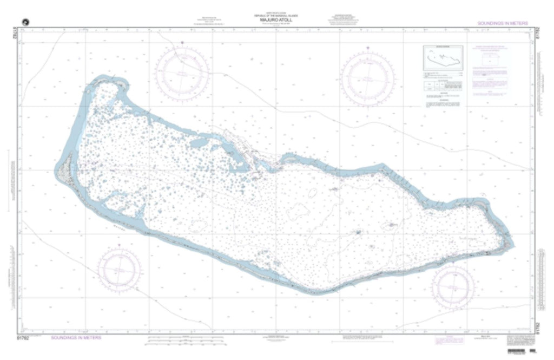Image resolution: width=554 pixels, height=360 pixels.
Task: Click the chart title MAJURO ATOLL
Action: click(276, 21)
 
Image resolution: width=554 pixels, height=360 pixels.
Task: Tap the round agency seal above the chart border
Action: click(24, 21)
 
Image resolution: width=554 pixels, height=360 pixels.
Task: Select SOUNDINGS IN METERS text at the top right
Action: click(503, 23)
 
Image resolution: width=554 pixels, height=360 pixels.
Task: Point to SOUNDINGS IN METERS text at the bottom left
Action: click(76, 337)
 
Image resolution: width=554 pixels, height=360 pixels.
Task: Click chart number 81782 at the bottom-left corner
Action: click(23, 337)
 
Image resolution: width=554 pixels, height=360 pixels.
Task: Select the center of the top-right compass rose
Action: click(368, 76)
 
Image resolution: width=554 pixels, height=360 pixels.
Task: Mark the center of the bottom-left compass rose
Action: click(120, 269)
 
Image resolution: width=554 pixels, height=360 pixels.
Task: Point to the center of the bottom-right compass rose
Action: click(453, 285)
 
